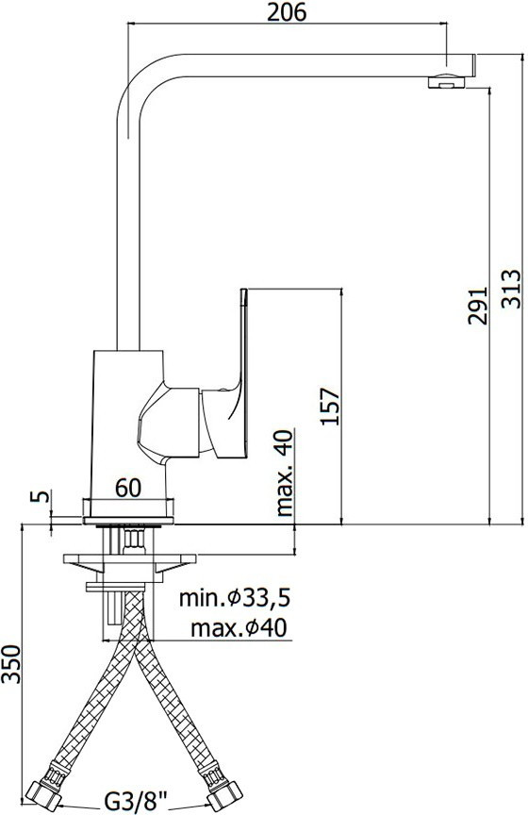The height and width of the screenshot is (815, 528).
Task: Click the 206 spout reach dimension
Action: coord(287,12)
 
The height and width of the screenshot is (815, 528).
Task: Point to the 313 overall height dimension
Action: coord(511,289)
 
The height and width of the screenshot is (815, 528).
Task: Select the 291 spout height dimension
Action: coord(478,306)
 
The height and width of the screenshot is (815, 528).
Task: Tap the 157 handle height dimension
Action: coord(329,407)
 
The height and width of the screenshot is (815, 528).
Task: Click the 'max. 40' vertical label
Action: coord(284,473)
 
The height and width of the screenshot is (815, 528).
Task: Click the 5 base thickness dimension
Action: coord(40,495)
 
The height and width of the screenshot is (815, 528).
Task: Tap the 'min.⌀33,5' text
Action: coord(234,598)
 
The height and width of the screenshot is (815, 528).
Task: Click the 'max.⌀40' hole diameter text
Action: coord(239,628)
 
